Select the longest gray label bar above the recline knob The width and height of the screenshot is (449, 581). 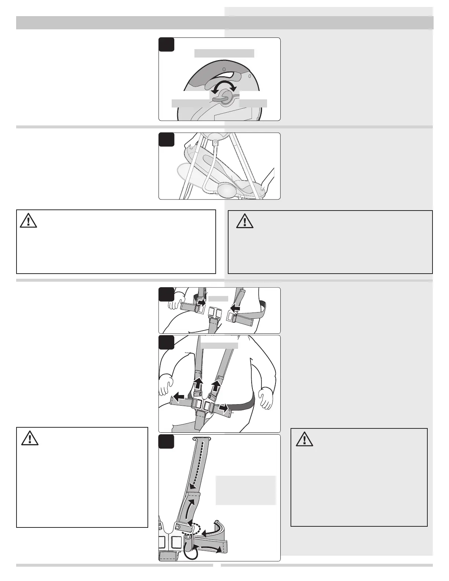224,53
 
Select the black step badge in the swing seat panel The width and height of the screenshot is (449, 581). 166,140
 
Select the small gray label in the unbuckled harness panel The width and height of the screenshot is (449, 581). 218,299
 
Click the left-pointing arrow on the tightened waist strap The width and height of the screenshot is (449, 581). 179,397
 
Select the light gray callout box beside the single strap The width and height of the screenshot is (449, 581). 245,490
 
